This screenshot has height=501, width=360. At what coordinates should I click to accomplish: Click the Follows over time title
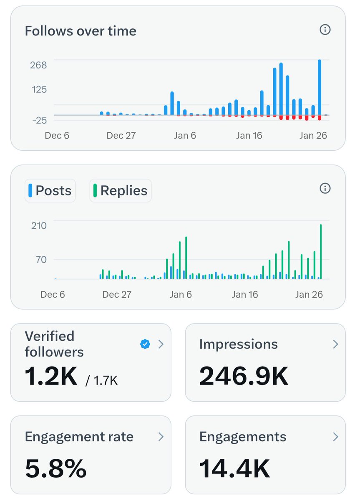(x=81, y=31)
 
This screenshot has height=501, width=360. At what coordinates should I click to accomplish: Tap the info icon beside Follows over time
(x=325, y=30)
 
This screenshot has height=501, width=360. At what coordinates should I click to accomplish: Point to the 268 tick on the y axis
(x=38, y=65)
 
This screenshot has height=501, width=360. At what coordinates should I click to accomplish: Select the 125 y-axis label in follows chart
(x=38, y=89)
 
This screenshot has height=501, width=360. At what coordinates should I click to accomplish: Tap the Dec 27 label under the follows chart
(x=121, y=136)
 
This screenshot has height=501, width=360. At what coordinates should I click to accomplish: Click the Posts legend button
(x=50, y=191)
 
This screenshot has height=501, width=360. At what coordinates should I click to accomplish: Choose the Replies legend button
(x=120, y=191)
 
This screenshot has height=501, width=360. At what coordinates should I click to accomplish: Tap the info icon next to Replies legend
(x=325, y=189)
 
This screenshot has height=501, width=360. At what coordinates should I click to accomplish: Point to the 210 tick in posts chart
(x=39, y=225)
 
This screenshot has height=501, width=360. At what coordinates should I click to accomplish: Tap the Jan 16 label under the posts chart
(x=244, y=294)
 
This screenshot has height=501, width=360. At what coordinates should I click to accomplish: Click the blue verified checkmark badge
(x=145, y=344)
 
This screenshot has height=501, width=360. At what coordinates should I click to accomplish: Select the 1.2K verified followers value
(x=51, y=377)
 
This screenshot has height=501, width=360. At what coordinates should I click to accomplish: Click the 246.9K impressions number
(x=244, y=376)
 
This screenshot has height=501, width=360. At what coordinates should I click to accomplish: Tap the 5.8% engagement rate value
(x=55, y=469)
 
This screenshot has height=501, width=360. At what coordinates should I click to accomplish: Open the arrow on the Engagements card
(x=335, y=437)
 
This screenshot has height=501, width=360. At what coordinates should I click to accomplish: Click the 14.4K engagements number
(x=234, y=469)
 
